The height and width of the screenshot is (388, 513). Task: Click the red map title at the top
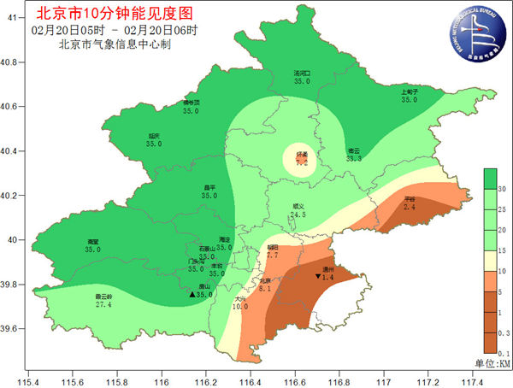(x=119, y=13)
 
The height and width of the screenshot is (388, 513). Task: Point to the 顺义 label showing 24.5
(x=298, y=210)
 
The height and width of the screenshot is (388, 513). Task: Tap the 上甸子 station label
(x=409, y=95)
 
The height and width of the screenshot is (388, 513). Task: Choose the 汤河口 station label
(x=302, y=78)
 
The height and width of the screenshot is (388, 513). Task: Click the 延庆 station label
(x=154, y=139)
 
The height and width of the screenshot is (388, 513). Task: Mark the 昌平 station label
(x=209, y=191)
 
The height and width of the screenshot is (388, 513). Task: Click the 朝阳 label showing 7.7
(x=272, y=250)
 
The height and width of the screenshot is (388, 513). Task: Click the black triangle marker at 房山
(x=192, y=295)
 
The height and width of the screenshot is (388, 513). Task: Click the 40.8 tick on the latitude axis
(x=12, y=62)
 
